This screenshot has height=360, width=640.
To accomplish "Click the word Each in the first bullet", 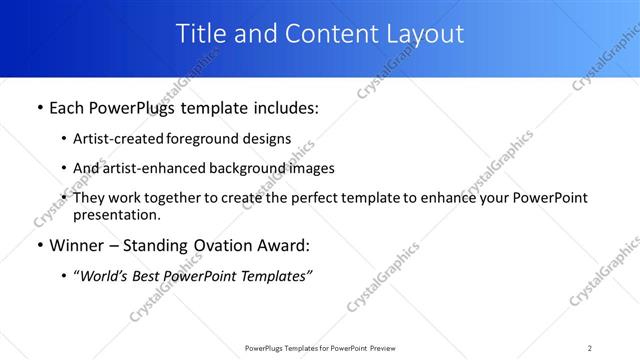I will tap(68, 108).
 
